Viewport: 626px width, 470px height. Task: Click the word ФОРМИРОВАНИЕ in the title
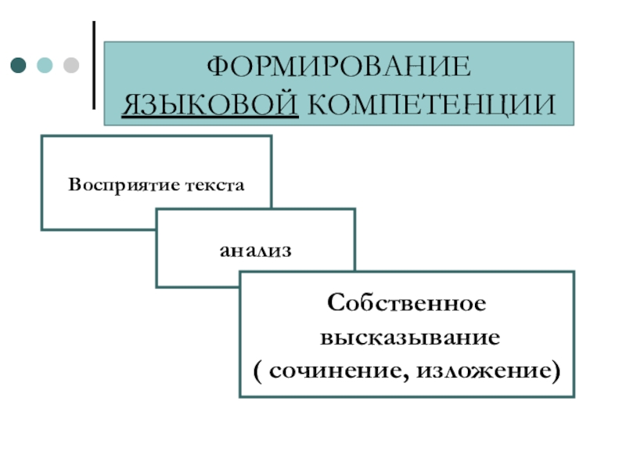pyautogui.click(x=338, y=67)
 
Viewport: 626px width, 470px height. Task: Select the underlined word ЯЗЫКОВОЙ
pyautogui.click(x=210, y=104)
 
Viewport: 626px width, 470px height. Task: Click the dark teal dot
pyautogui.click(x=18, y=64)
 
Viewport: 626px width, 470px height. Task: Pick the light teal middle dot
pyautogui.click(x=44, y=64)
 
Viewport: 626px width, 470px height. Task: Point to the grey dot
pyautogui.click(x=70, y=64)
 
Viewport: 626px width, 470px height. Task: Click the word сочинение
pyautogui.click(x=338, y=370)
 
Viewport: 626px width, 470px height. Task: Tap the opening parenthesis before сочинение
pyautogui.click(x=258, y=371)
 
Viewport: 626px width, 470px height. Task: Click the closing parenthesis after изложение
pyautogui.click(x=556, y=371)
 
